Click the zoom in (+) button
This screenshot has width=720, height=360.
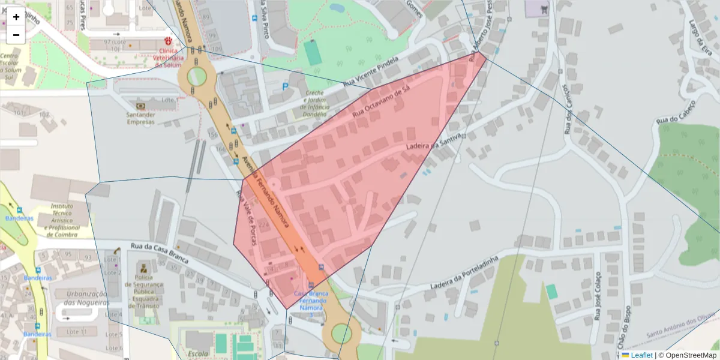(x=16, y=17)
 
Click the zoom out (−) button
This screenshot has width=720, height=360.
(x=16, y=35)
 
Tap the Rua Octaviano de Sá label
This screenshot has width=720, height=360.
(x=380, y=101)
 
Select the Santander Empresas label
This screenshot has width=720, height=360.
(x=140, y=118)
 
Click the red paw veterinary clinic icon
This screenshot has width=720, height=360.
(x=168, y=41)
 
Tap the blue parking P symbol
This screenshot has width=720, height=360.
(x=285, y=87)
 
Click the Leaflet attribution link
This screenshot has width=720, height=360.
(x=641, y=355)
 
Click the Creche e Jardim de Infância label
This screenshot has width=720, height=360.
(x=314, y=103)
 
